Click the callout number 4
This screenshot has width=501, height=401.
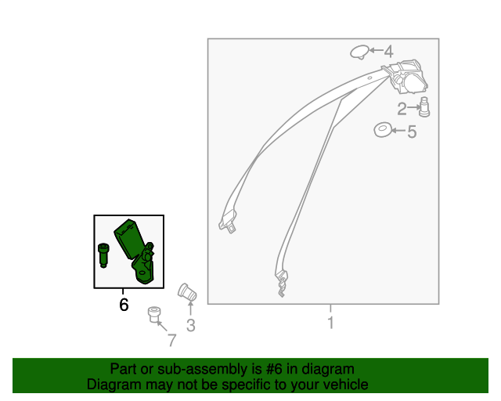pyautogui.click(x=388, y=52)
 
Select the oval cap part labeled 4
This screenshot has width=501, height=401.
pyautogui.click(x=360, y=52)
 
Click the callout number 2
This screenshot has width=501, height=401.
pyautogui.click(x=402, y=109)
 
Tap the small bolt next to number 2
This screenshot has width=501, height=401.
pyautogui.click(x=424, y=107)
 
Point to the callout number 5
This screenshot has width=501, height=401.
pyautogui.click(x=412, y=132)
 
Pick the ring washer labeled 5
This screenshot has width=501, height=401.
pyautogui.click(x=383, y=130)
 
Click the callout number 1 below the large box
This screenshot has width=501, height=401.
pyautogui.click(x=330, y=323)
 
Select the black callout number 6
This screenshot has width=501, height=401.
pyautogui.click(x=124, y=305)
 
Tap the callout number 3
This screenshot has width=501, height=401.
pyautogui.click(x=191, y=326)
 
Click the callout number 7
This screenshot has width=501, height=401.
pyautogui.click(x=172, y=340)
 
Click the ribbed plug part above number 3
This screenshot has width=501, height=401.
pyautogui.click(x=187, y=292)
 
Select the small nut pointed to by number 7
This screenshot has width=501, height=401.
pyautogui.click(x=154, y=315)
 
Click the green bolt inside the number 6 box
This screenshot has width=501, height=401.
pyautogui.click(x=103, y=255)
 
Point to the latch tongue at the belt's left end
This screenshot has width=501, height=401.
pyautogui.click(x=228, y=222)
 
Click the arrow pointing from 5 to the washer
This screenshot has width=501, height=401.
pyautogui.click(x=399, y=131)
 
